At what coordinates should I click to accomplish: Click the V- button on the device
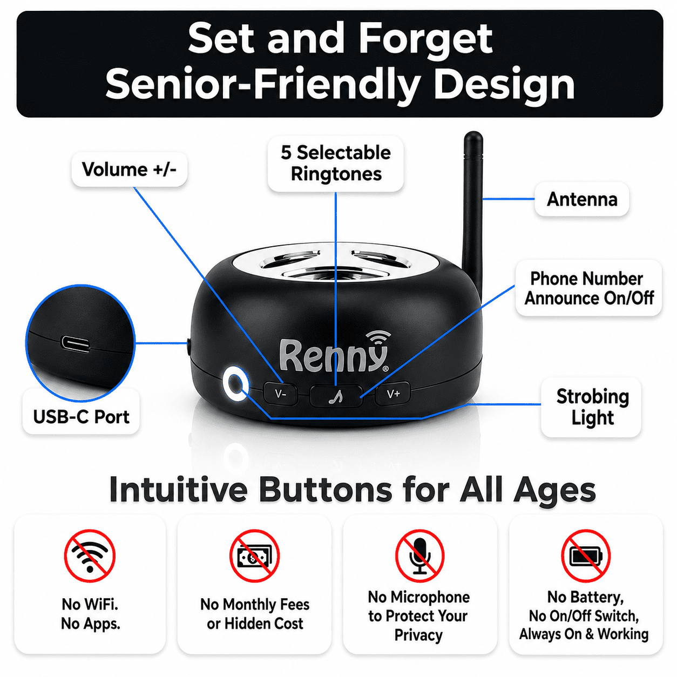(280, 394)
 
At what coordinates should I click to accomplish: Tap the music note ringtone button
(336, 396)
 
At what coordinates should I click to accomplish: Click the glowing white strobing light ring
(235, 384)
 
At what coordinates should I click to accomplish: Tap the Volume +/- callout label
(129, 170)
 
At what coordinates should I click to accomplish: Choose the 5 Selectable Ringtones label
(335, 164)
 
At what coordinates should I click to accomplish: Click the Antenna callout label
(582, 199)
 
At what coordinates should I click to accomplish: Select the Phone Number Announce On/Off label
(589, 288)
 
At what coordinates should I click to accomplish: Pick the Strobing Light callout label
(591, 407)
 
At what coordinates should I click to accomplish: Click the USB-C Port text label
(81, 417)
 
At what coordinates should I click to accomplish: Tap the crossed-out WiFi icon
(90, 556)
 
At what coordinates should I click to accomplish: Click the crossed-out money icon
(255, 556)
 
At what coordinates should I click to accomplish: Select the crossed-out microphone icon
(419, 556)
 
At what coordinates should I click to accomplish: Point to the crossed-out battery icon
(585, 556)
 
